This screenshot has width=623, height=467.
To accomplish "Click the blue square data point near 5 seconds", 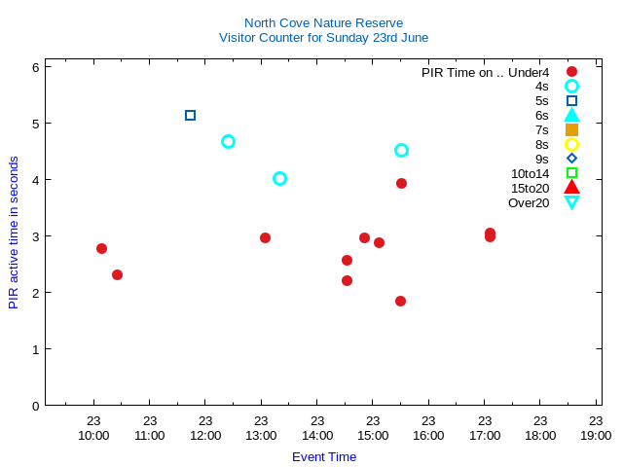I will (190, 115).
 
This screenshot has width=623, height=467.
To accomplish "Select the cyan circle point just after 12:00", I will (228, 141).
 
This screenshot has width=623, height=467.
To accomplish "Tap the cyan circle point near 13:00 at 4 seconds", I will (279, 178).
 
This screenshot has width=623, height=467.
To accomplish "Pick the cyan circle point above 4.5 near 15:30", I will (401, 150).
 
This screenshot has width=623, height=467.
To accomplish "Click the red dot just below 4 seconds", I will (401, 183).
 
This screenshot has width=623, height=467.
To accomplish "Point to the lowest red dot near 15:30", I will (400, 301).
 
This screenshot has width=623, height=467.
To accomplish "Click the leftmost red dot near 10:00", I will (101, 248).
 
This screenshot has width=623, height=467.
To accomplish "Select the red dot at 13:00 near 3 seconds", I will (265, 237).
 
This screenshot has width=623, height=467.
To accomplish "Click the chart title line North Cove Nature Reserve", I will (323, 23).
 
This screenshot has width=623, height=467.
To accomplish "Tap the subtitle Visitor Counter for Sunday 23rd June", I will (323, 38).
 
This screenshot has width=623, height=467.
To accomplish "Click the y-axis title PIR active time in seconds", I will (14, 233).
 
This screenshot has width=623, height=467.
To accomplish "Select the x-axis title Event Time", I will (324, 456).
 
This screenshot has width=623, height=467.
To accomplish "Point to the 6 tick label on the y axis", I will (35, 67).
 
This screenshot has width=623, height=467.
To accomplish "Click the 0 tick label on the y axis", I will (35, 405).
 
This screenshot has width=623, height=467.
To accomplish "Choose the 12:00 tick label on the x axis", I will (205, 435).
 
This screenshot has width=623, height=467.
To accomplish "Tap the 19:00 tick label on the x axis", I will (596, 435).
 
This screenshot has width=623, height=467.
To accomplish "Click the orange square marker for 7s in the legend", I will (571, 129).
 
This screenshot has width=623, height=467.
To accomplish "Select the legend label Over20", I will (529, 202).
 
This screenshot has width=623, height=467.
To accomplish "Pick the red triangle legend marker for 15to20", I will (571, 188).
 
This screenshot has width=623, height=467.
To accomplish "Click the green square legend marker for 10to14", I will (571, 173).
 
